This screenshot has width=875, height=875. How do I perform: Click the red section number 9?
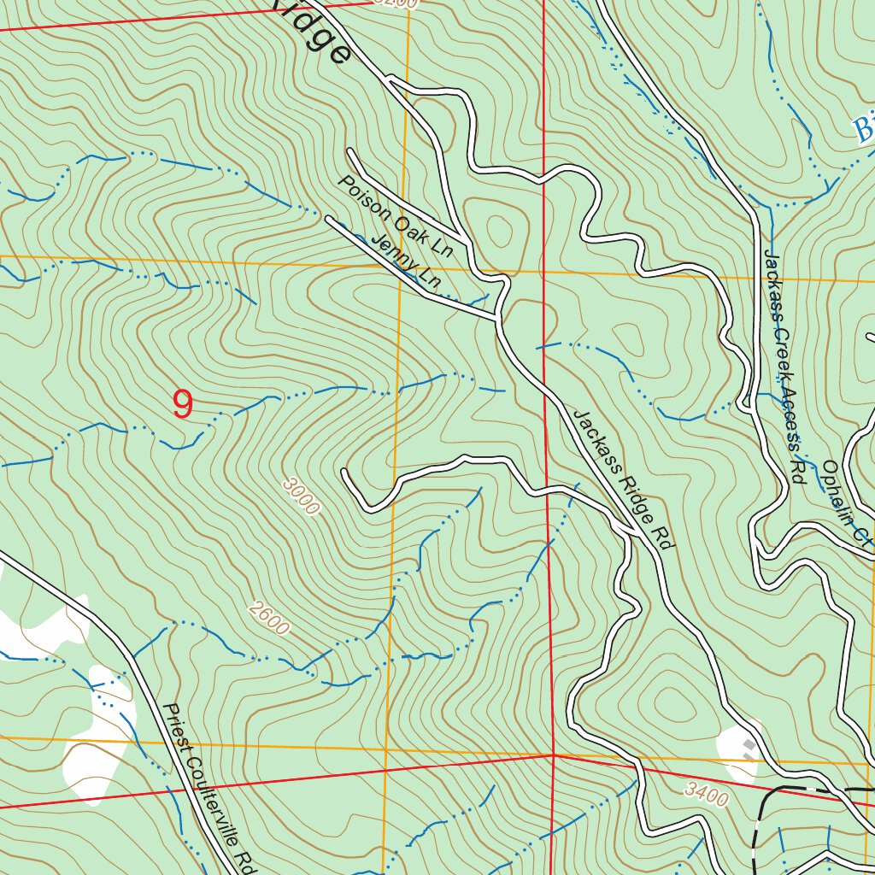(182, 405)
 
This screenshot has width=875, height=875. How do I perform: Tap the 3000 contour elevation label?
(301, 497)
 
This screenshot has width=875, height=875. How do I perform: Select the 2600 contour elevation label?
(269, 620)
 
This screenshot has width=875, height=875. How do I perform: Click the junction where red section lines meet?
(553, 755)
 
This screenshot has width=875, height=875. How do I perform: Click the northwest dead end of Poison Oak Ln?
(349, 151)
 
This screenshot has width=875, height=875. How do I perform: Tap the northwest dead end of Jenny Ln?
(328, 219)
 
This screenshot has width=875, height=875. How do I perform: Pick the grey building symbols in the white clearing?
(750, 749)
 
